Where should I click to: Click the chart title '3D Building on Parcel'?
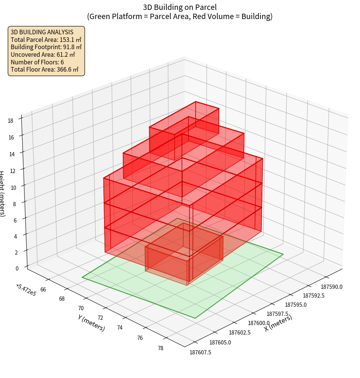click(180, 7)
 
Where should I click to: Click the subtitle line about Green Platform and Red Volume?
click(180, 16)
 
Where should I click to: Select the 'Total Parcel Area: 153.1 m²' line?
click(46, 40)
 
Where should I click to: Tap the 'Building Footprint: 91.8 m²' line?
click(46, 47)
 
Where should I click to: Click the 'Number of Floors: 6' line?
click(37, 62)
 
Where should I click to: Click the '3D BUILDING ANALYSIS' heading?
click(42, 32)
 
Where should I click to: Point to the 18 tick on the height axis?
click(10, 121)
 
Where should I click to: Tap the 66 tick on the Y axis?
click(43, 290)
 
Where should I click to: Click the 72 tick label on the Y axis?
click(100, 318)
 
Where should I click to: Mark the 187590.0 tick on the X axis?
click(331, 287)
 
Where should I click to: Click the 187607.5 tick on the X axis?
click(200, 352)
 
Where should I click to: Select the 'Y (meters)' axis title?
click(92, 323)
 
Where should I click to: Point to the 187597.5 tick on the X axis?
click(277, 314)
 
